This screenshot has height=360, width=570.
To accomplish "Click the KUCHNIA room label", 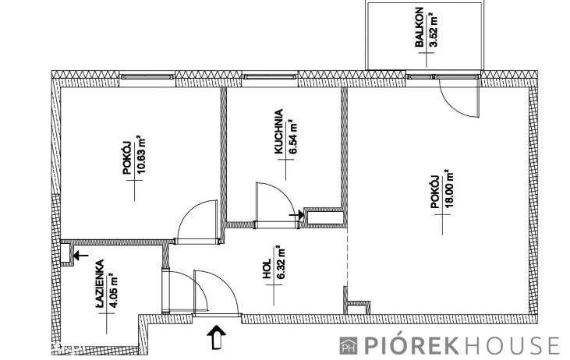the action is (279, 132).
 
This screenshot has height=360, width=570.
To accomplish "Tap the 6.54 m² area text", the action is (293, 137).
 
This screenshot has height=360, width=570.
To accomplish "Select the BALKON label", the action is (420, 27).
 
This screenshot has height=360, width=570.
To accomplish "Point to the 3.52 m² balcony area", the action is (433, 30).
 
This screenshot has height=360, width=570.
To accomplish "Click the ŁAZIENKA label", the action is (100, 286).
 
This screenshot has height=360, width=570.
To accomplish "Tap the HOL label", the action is (267, 269).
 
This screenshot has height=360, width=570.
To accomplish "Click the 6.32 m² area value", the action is (280, 262).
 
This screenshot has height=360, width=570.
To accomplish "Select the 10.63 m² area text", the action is (140, 155).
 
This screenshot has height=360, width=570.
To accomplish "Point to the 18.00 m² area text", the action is (449, 189).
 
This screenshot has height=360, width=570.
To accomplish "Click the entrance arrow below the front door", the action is (216, 337).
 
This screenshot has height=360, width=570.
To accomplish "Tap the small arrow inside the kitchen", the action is (296, 215).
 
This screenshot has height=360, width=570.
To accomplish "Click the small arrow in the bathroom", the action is (80, 256).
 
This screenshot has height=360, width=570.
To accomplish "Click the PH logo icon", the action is (349, 345).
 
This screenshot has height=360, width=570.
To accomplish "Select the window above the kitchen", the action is (270, 76).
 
